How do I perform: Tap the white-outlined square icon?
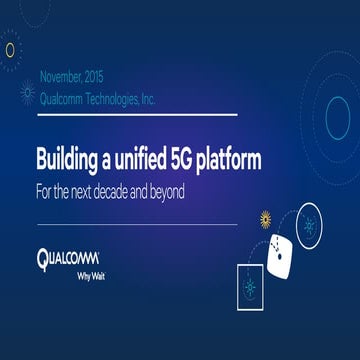255,291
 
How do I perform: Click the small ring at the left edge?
9,49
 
